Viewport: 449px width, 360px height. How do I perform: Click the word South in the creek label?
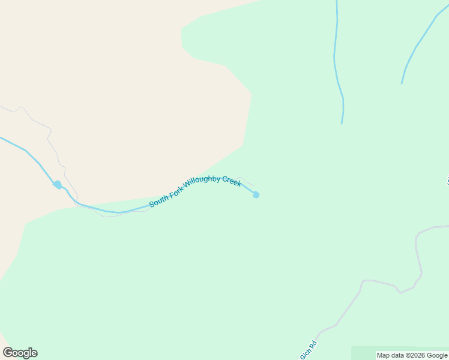pos(158,200)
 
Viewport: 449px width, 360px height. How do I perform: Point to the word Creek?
pos(232,181)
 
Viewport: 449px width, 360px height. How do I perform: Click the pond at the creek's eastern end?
pos(256,194)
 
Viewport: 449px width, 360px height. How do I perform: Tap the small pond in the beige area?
pos(58,185)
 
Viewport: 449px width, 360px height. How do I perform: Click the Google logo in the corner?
pos(20,353)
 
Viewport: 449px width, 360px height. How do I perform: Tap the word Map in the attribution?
pos(384,356)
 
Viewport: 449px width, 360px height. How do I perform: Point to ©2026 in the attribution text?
pos(416,356)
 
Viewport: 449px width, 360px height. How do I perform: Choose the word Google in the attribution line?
pos(437,356)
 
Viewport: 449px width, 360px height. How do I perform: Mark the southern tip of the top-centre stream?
pos(342,124)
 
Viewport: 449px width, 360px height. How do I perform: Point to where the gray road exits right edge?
pos(447,226)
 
